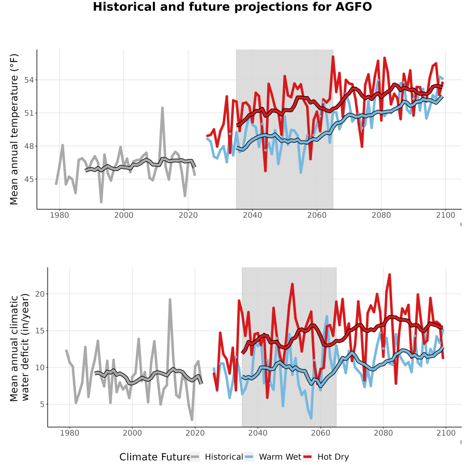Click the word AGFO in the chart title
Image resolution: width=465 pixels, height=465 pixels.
(x=353, y=7)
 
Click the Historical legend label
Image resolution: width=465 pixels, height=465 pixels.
(x=224, y=457)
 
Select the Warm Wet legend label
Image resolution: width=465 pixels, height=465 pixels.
(x=280, y=457)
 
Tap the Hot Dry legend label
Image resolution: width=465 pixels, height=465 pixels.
(x=333, y=457)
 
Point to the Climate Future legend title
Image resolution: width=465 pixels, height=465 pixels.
(x=155, y=457)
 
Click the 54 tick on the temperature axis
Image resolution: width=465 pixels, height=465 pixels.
(x=29, y=80)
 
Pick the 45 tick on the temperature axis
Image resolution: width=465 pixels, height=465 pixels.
(x=29, y=179)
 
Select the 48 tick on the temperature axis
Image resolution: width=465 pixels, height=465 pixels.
(x=29, y=146)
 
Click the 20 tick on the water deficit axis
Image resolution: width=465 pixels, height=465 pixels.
(x=40, y=294)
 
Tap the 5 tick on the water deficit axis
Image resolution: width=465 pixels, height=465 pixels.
(x=42, y=405)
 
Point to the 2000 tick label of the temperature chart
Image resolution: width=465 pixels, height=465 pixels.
(x=123, y=215)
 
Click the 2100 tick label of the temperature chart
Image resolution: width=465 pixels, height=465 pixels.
(x=445, y=215)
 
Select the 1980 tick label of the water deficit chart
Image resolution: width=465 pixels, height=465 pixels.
(x=70, y=433)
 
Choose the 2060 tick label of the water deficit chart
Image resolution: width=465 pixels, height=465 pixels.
(x=320, y=433)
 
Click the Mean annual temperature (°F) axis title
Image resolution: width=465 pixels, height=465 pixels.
(x=14, y=129)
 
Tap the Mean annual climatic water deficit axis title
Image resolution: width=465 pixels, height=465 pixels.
(x=19, y=347)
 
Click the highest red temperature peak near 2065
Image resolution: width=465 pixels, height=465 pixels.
(x=333, y=57)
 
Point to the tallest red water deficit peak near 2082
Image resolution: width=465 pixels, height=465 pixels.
(x=390, y=275)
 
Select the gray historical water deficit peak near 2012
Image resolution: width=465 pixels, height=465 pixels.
(x=170, y=300)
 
